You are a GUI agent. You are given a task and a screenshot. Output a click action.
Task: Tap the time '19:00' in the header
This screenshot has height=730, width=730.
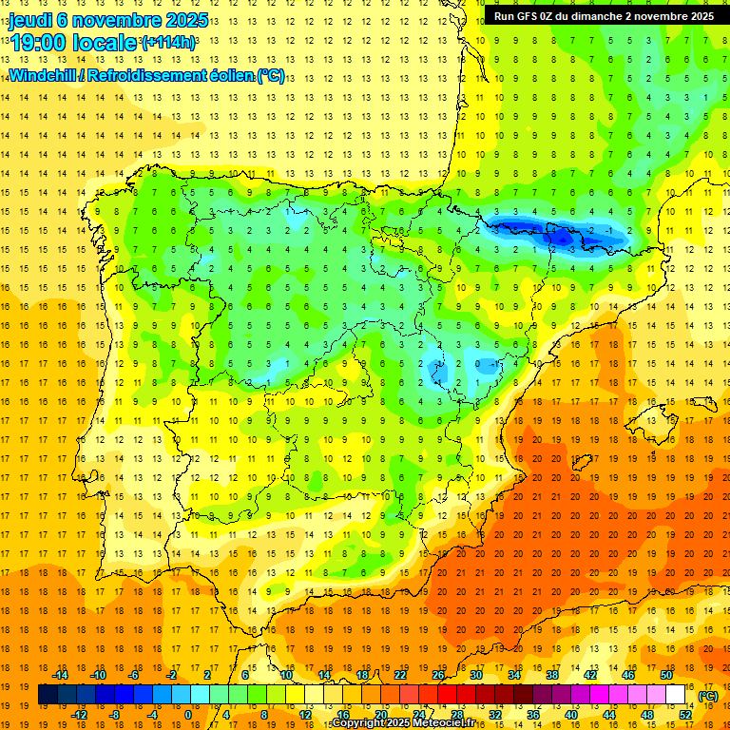pos(39,42)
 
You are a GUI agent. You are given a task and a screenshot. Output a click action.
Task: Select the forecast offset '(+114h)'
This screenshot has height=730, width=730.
pos(168,43)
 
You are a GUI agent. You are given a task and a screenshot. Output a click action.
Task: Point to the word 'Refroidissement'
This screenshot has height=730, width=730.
pos(144,76)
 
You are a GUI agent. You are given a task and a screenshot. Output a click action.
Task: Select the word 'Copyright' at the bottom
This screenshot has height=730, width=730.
pos(360,723)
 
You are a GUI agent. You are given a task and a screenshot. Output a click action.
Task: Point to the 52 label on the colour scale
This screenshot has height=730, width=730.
pos(685,715)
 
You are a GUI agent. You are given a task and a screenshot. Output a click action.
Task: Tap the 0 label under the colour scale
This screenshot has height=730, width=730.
pos(188,715)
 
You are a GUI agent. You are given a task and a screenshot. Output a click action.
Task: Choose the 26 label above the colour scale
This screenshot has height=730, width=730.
pos(438,675)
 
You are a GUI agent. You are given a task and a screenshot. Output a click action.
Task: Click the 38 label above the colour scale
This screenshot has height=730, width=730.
pos(552,675)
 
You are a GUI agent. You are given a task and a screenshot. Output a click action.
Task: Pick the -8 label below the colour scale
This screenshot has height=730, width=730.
pos(113,715)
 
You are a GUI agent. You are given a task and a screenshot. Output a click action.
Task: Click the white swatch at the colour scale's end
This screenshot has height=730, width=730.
pos(676,695)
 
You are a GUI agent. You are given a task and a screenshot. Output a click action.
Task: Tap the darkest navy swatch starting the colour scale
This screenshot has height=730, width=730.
pos(48,695)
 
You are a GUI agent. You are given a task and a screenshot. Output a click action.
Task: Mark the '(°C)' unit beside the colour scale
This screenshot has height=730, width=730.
pos(708,696)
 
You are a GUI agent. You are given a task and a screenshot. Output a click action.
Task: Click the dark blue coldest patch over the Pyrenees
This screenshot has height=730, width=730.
pos(561,236)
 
